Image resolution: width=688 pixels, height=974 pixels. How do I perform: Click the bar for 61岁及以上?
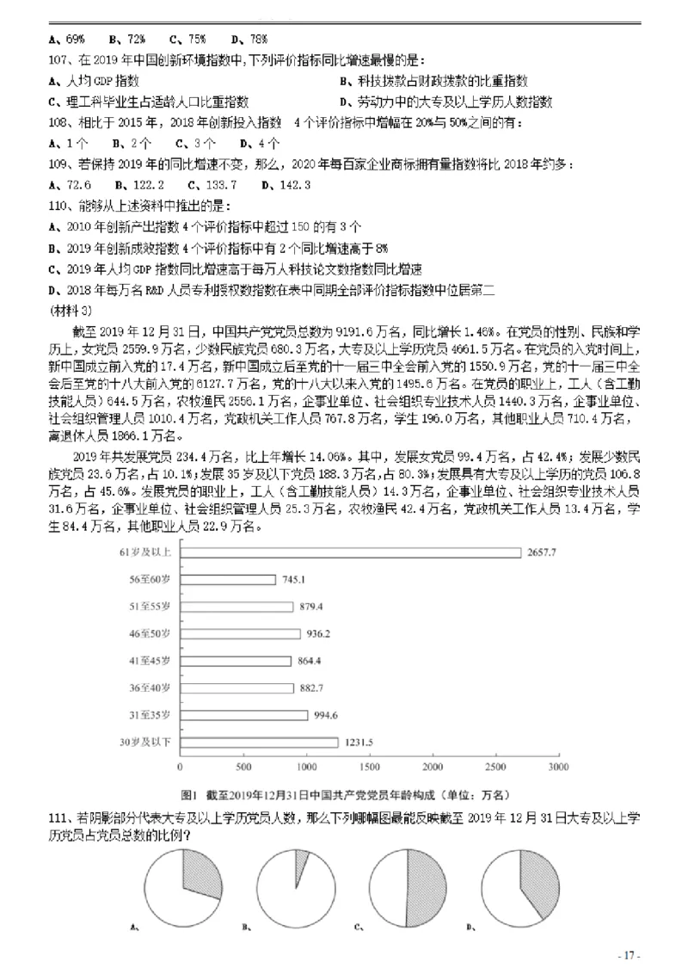pyautogui.click(x=350, y=552)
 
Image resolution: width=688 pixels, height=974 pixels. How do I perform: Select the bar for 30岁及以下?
pyautogui.click(x=259, y=742)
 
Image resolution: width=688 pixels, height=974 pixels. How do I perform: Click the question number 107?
pyautogui.click(x=59, y=60)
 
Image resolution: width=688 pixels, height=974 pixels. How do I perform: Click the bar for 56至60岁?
pyautogui.click(x=228, y=579)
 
